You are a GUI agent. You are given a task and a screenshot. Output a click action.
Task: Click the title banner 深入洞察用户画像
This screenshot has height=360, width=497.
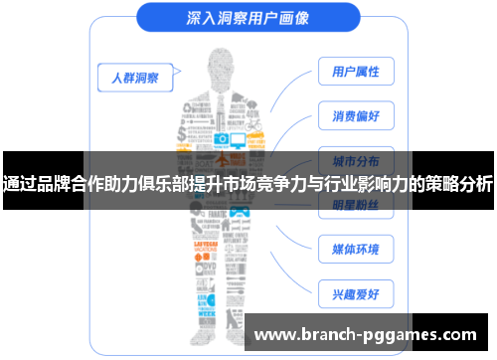click(248, 17)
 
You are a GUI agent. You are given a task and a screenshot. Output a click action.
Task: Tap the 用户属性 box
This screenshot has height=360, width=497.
click(355, 72)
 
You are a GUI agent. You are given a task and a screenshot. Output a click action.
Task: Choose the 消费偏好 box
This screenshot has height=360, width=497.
click(355, 115)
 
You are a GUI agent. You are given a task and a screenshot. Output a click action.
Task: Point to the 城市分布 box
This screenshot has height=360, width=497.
click(355, 159)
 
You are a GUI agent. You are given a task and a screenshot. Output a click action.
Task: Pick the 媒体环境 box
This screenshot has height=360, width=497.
click(355, 248)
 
